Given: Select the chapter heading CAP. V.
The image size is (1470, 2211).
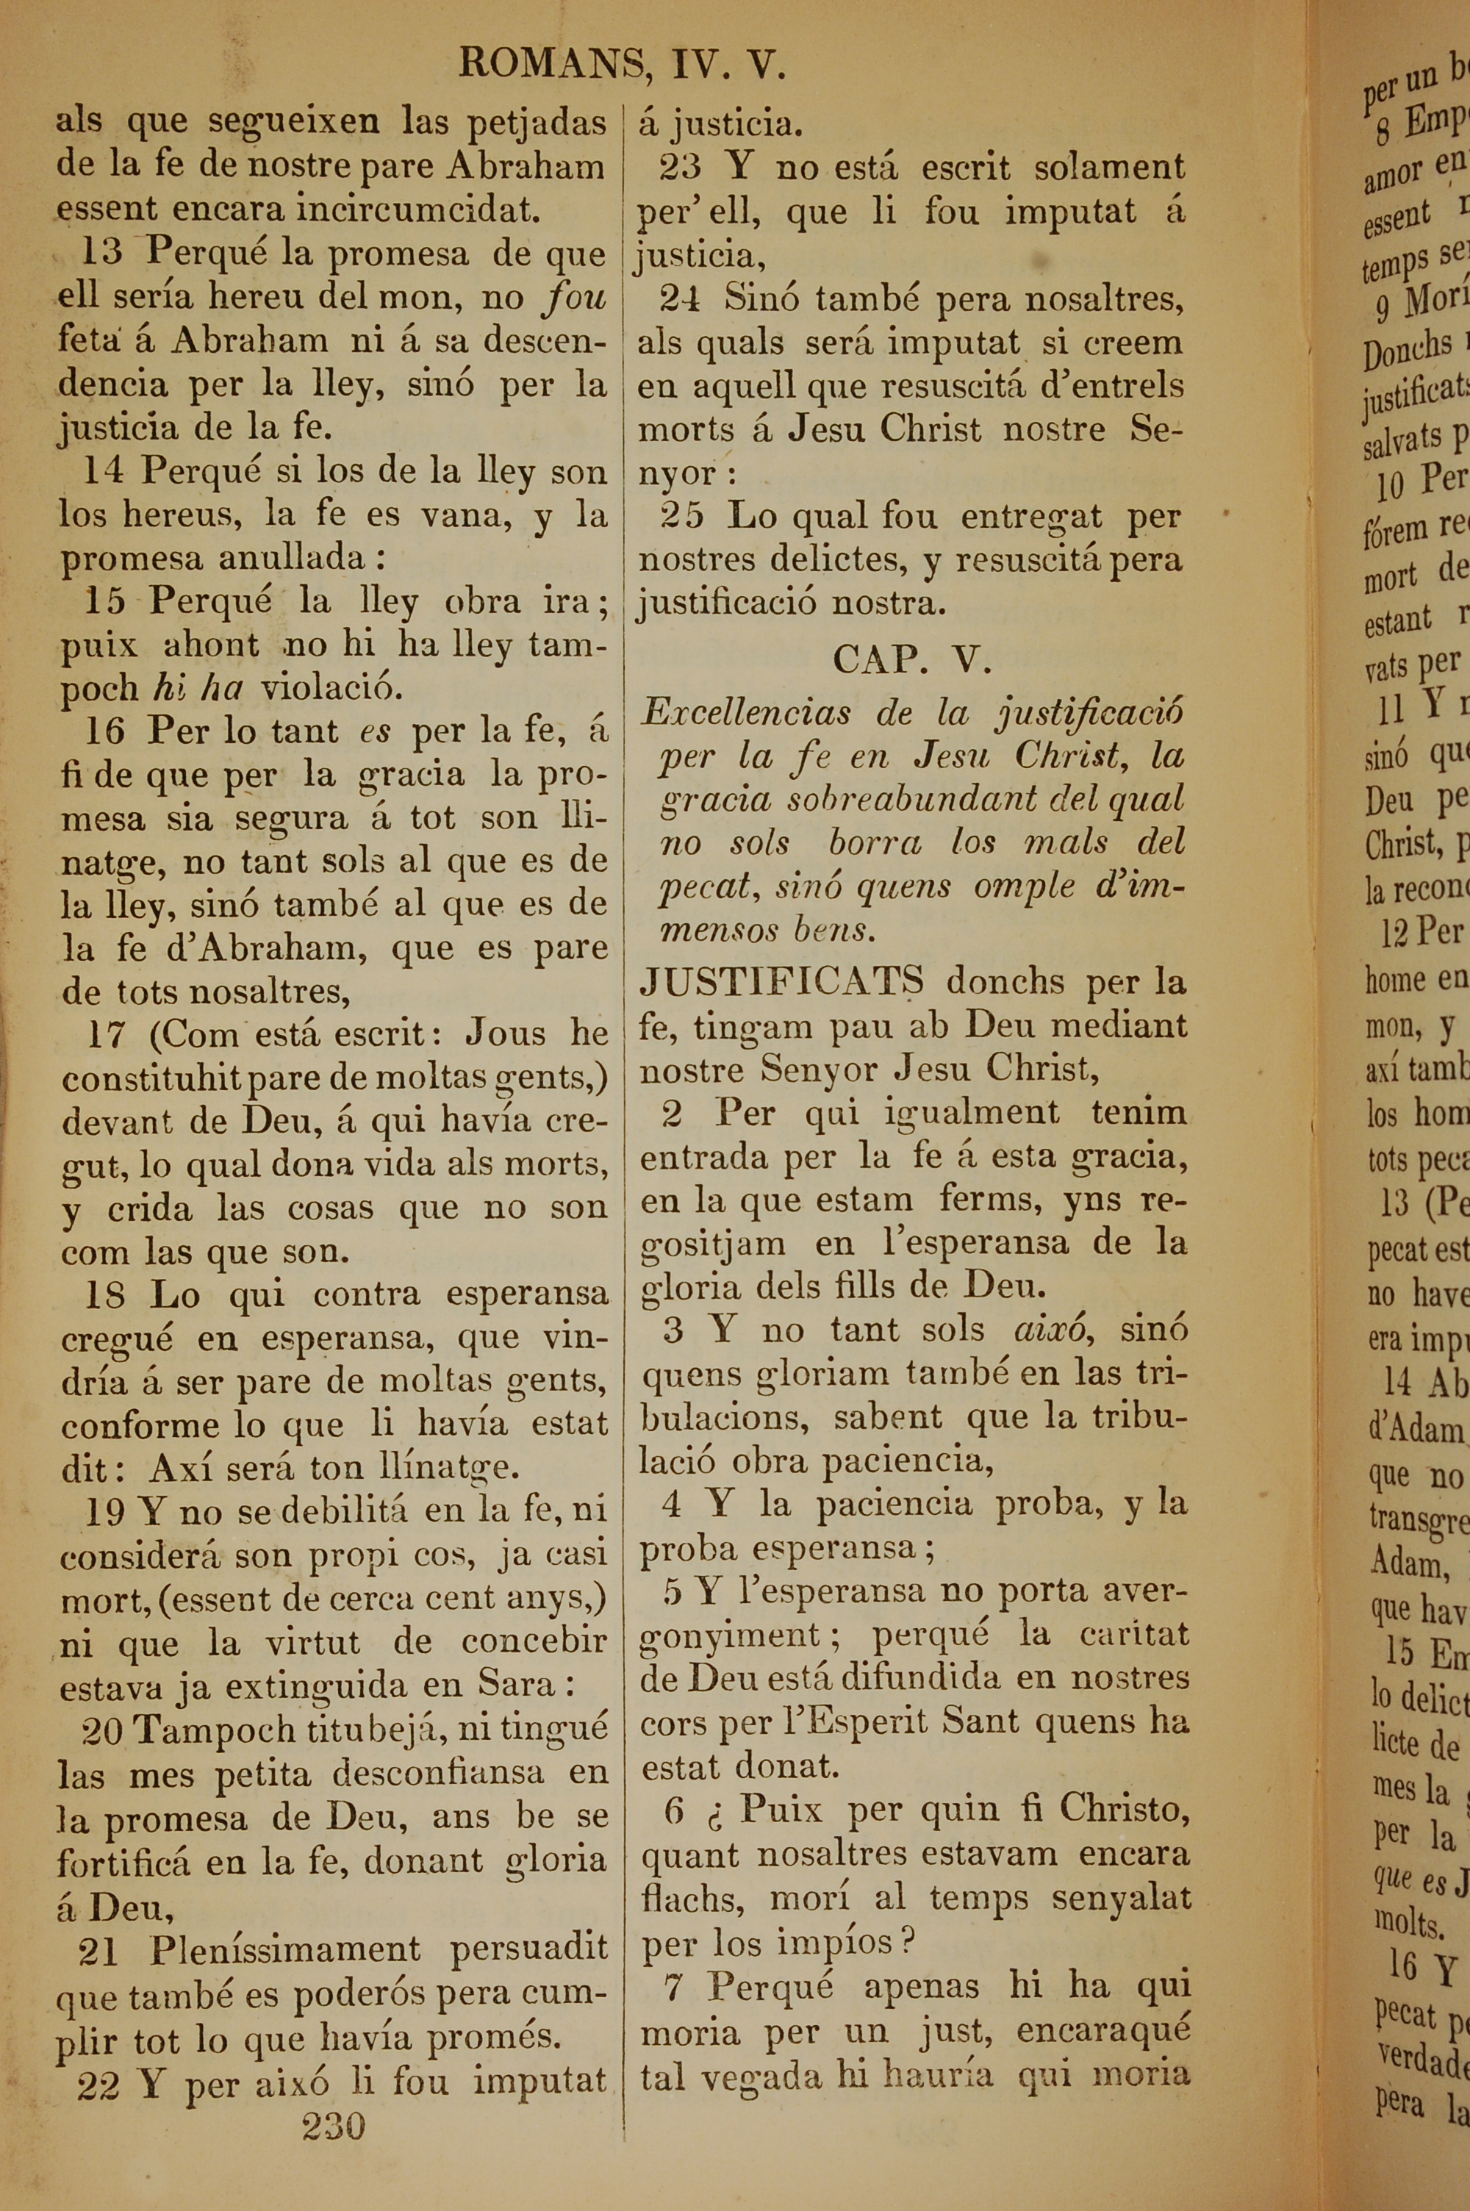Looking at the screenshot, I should pyautogui.click(x=912, y=661).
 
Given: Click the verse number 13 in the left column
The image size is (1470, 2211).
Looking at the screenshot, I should pyautogui.click(x=101, y=252).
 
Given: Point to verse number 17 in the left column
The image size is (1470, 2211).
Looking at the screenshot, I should pyautogui.click(x=106, y=1033).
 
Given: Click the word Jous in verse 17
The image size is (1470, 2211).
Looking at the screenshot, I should pyautogui.click(x=506, y=1033).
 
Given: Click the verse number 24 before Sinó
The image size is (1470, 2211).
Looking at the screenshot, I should pyautogui.click(x=680, y=298).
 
